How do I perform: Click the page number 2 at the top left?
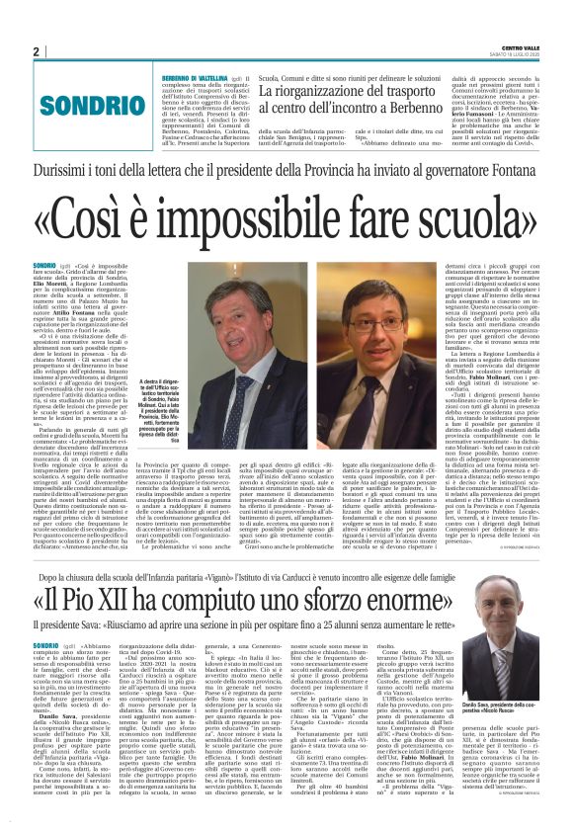point(36,51)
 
